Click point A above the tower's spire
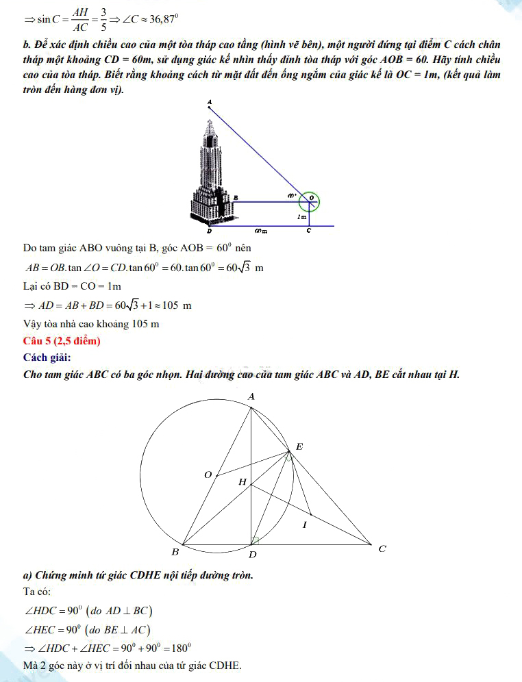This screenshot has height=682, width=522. [x=210, y=103]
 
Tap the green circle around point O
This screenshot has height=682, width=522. [x=310, y=201]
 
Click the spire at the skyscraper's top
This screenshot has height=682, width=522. [x=210, y=122]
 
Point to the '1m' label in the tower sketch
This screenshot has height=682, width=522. [x=301, y=216]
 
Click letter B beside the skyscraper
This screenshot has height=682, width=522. [x=236, y=197]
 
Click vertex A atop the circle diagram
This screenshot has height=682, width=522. [x=251, y=397]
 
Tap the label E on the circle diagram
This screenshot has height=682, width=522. [x=299, y=447]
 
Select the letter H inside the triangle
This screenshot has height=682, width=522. [x=242, y=482]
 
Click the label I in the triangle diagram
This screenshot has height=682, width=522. [x=305, y=525]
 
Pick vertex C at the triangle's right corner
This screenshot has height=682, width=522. [x=382, y=548]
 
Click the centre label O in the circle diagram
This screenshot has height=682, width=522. [x=208, y=475]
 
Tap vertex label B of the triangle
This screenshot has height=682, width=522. [x=175, y=552]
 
